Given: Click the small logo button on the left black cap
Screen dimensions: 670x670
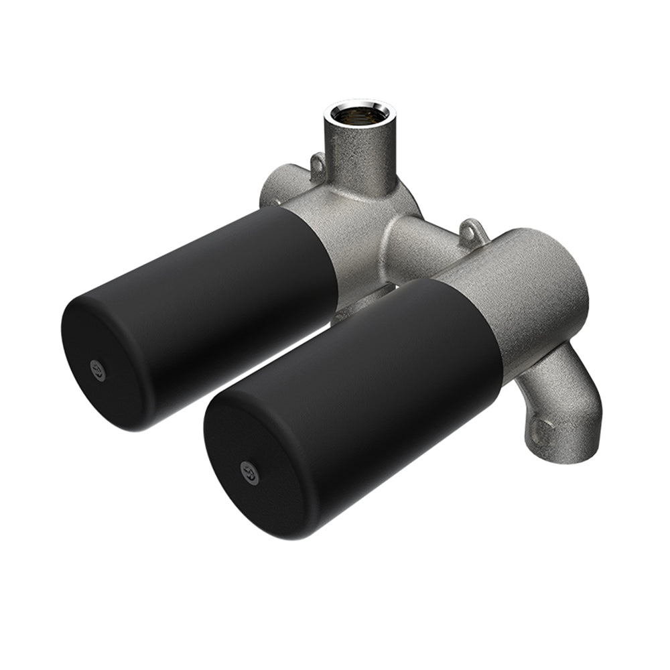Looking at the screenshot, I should point(98,368).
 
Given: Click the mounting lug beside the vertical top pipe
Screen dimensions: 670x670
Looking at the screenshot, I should point(317,163).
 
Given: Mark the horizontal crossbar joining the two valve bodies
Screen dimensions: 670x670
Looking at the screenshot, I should point(422,241).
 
